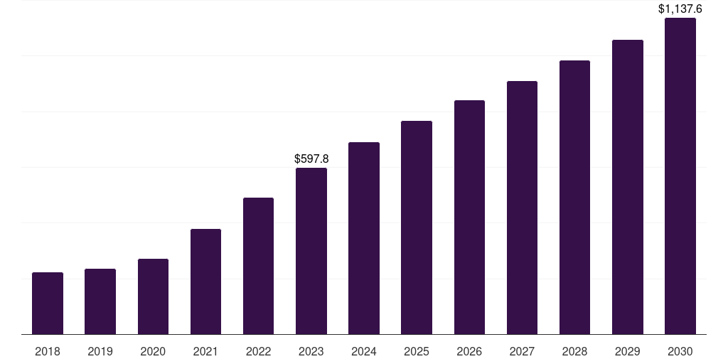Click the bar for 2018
pyautogui.click(x=48, y=304)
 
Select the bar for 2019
pyautogui.click(x=100, y=301)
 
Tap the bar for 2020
pyautogui.click(x=153, y=296)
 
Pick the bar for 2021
pyautogui.click(x=205, y=282)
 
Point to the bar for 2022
pyautogui.click(x=258, y=266)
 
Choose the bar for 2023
pyautogui.click(x=311, y=251)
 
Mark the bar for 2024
pyautogui.click(x=364, y=238)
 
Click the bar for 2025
pyautogui.click(x=417, y=227)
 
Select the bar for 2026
pyautogui.click(x=469, y=218)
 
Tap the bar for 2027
pyautogui.click(x=522, y=208)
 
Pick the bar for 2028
pyautogui.click(x=574, y=198)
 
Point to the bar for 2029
pyautogui.click(x=627, y=187)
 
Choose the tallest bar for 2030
pyautogui.click(x=680, y=176)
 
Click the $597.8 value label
pyautogui.click(x=311, y=159)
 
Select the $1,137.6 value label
pyautogui.click(x=680, y=9)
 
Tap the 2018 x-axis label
pyautogui.click(x=48, y=351)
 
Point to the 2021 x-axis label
pyautogui.click(x=205, y=351)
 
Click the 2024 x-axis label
pyautogui.click(x=364, y=351)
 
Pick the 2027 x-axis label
pyautogui.click(x=522, y=351)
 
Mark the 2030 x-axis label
pyautogui.click(x=680, y=351)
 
